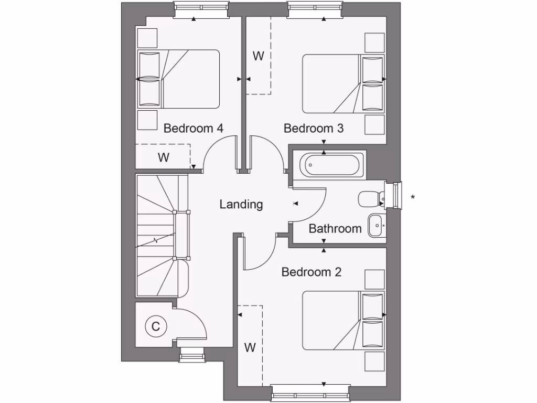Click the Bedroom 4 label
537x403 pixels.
coord(194,129)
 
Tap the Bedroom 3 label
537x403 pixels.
coord(314,129)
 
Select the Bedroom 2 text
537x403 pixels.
coord(312,272)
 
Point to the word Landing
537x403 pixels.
coord(241,204)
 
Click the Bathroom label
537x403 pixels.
coord(335,229)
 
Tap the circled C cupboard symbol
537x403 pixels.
coord(155,326)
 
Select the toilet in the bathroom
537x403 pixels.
coord(371,199)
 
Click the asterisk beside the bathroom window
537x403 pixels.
coord(413,198)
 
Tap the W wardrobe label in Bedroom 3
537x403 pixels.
coord(258,56)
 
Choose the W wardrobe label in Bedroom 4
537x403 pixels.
coord(164,157)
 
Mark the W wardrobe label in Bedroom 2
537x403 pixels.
coord(250,347)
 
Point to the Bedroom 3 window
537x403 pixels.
coord(315,8)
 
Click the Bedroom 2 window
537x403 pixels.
coord(310,394)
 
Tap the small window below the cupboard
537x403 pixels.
coord(193,355)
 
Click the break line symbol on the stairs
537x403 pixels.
coord(155,241)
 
